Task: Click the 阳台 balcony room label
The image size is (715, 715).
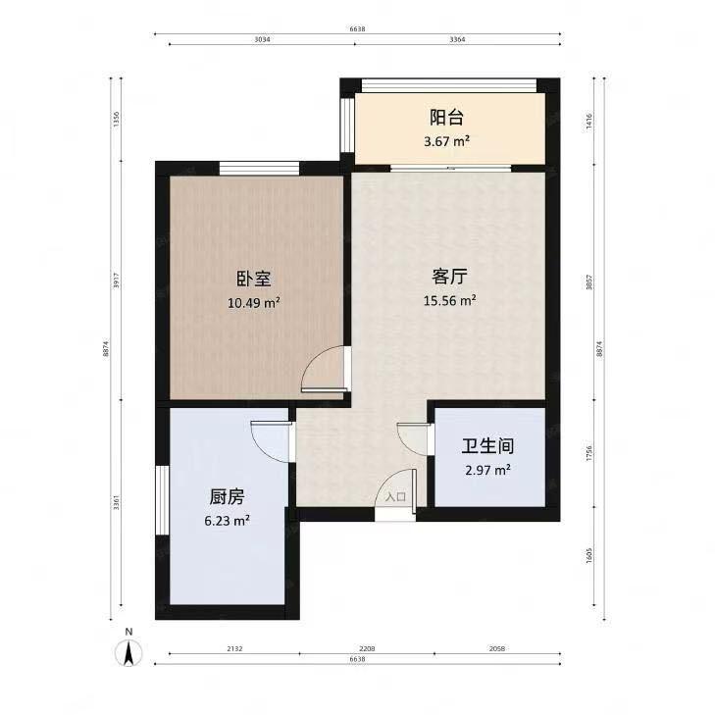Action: pyautogui.click(x=446, y=118)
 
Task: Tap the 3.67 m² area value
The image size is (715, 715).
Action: pyautogui.click(x=446, y=142)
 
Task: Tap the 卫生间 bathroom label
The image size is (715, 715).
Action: pyautogui.click(x=488, y=445)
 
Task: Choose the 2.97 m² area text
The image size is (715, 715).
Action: pyautogui.click(x=488, y=470)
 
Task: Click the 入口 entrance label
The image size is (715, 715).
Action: pyautogui.click(x=395, y=497)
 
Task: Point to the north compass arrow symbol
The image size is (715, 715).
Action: pyautogui.click(x=128, y=650)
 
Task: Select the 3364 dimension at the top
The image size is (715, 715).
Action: pyautogui.click(x=456, y=40)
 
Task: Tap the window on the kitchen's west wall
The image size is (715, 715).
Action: pyautogui.click(x=161, y=499)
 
